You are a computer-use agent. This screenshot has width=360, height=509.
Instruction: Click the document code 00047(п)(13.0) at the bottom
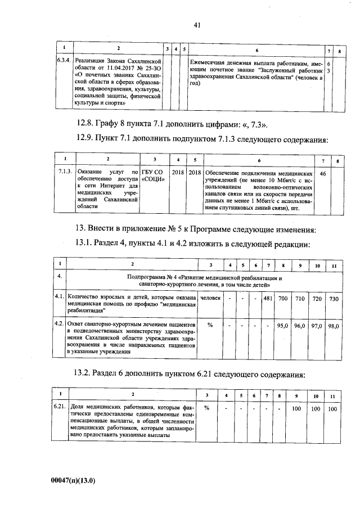[x=72, y=480]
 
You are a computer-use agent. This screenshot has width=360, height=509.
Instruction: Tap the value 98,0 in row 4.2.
[x=334, y=326]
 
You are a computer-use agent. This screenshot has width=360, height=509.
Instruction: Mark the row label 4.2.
[x=58, y=325]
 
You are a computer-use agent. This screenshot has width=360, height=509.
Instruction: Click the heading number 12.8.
[x=86, y=123]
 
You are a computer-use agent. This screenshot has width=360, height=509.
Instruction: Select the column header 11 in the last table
[x=333, y=396]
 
